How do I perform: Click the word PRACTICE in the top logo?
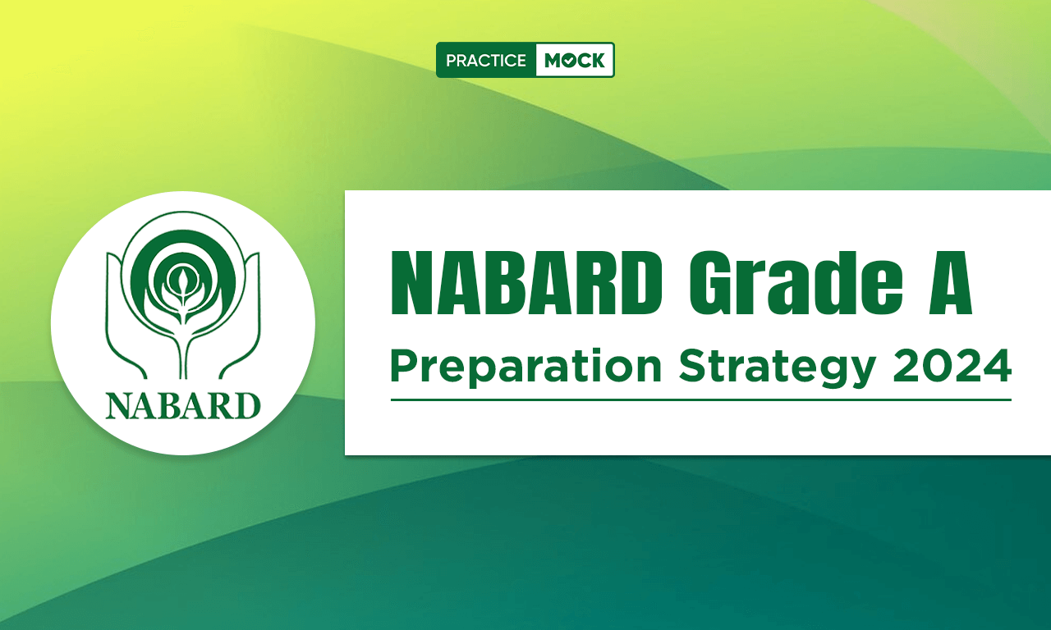485,61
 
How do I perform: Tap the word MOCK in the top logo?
574,61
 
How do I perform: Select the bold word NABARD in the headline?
526,283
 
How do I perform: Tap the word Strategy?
777,368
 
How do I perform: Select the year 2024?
952,366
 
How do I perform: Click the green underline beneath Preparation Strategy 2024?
701,399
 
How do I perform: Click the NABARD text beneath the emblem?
183,406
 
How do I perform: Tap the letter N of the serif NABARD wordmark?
120,406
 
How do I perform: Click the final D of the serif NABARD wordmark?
247,406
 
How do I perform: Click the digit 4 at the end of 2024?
997,366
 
